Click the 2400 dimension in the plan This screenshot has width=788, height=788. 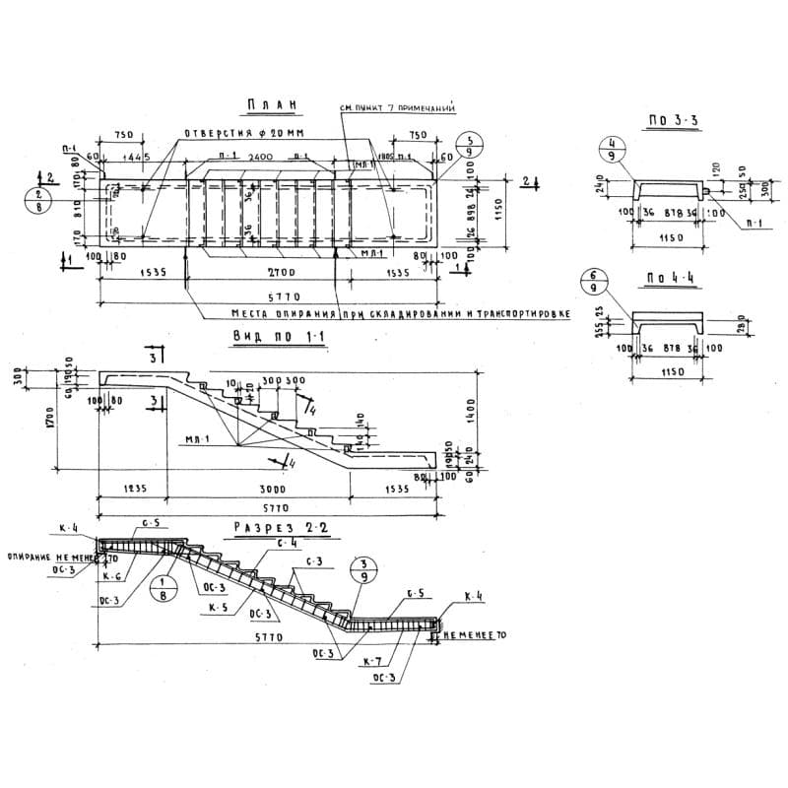point(260,158)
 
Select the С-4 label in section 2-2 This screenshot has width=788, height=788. point(288,543)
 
